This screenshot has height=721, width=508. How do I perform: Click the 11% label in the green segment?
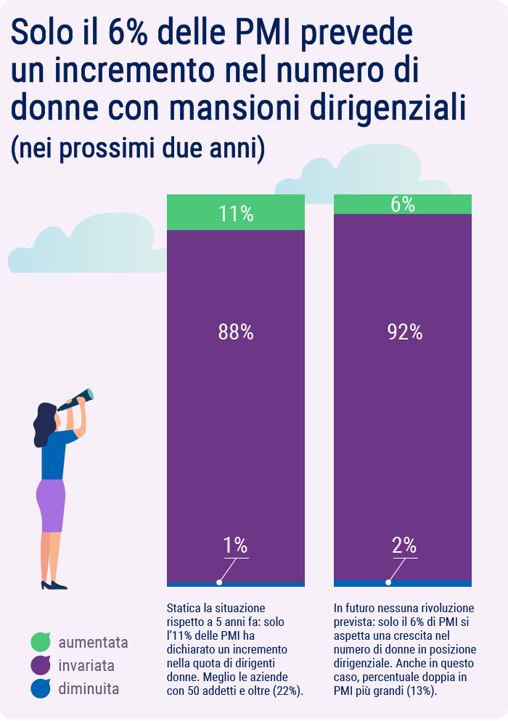[236, 213]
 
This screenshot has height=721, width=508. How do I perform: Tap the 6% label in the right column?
[403, 205]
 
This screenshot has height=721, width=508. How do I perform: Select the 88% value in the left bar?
[236, 332]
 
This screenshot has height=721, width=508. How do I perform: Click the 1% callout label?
[235, 545]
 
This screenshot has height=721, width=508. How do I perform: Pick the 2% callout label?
[404, 545]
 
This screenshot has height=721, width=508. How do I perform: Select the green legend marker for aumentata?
[41, 642]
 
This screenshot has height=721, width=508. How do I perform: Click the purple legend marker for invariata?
[41, 665]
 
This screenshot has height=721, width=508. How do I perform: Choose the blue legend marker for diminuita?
[41, 689]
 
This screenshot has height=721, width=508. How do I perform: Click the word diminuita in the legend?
[89, 689]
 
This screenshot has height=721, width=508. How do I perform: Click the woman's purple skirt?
[52, 504]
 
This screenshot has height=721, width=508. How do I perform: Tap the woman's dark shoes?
[54, 585]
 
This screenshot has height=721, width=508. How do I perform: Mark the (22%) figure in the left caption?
[287, 691]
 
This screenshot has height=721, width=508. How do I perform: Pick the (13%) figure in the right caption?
[421, 691]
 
